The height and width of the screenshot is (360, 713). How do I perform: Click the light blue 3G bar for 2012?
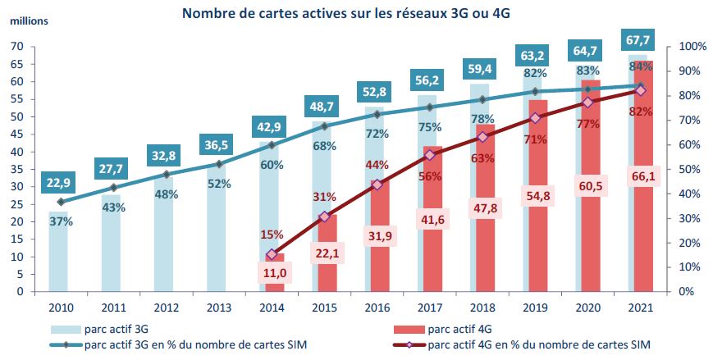pyautogui.click(x=163, y=246)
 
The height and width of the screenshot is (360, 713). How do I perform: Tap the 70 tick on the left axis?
pyautogui.click(x=16, y=47)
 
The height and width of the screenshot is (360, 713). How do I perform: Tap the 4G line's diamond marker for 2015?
pyautogui.click(x=324, y=216)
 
